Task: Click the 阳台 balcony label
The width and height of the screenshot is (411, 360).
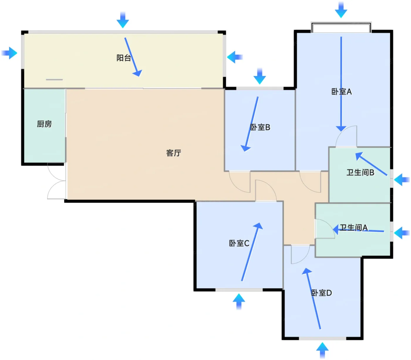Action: pyautogui.click(x=124, y=58)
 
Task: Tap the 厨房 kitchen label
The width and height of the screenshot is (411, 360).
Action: pyautogui.click(x=44, y=124)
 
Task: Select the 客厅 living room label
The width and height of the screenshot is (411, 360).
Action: pyautogui.click(x=174, y=153)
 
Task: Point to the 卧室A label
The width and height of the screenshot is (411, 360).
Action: pyautogui.click(x=341, y=92)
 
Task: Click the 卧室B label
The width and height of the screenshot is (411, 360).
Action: pyautogui.click(x=260, y=127)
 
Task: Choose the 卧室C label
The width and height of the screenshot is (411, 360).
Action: pyautogui.click(x=239, y=243)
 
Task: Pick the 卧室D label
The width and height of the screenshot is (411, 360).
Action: pyautogui.click(x=321, y=293)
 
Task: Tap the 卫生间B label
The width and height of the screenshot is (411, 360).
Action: pyautogui.click(x=360, y=173)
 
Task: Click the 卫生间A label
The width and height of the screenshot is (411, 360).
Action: pyautogui.click(x=354, y=228)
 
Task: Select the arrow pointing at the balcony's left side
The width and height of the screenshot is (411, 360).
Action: pyautogui.click(x=9, y=53)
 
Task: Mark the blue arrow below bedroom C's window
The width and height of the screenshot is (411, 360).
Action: pyautogui.click(x=239, y=301)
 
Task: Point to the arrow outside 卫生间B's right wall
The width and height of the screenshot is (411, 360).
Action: pyautogui.click(x=401, y=179)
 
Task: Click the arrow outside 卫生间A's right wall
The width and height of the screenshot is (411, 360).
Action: pyautogui.click(x=401, y=233)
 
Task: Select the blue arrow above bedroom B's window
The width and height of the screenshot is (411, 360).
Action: pyautogui.click(x=260, y=76)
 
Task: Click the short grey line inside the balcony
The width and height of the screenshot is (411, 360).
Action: pyautogui.click(x=54, y=79)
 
